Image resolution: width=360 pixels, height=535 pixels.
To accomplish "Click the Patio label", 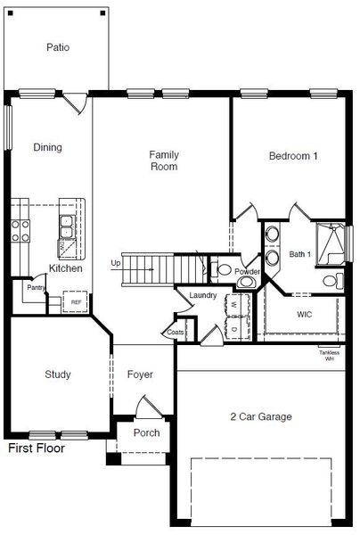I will pyautogui.click(x=57, y=47).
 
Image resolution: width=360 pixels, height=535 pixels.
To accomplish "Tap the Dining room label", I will pyautogui.click(x=47, y=147).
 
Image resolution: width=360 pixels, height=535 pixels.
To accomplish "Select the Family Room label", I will pyautogui.click(x=163, y=160).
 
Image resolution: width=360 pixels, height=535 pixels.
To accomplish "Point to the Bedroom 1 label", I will pyautogui.click(x=293, y=156).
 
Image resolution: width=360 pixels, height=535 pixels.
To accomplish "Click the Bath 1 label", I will pyautogui.click(x=300, y=254).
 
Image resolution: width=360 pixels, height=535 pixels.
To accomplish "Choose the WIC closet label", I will pyautogui.click(x=304, y=315).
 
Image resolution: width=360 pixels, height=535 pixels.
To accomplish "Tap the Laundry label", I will pyautogui.click(x=204, y=293).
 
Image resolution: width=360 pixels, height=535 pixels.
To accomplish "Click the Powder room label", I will pyautogui.click(x=248, y=271).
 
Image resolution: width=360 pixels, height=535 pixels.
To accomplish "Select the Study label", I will pyautogui.click(x=57, y=374).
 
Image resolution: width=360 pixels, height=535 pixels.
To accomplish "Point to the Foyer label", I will pyautogui.click(x=140, y=374).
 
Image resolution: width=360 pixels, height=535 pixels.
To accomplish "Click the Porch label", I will pyautogui.click(x=146, y=433).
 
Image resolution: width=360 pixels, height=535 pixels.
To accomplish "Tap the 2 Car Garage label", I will pyautogui.click(x=260, y=416).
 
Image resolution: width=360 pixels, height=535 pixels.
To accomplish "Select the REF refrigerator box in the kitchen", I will pyautogui.click(x=76, y=303).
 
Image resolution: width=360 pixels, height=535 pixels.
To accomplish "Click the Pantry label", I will pyautogui.click(x=35, y=287).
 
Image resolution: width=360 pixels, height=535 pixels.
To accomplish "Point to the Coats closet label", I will pyautogui.click(x=175, y=333).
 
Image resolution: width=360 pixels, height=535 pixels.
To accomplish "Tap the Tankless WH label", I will pyautogui.click(x=329, y=355).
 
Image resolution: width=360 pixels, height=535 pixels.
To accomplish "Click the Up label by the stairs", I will pyautogui.click(x=116, y=263).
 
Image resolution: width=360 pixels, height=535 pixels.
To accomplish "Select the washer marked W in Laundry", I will pyautogui.click(x=233, y=305).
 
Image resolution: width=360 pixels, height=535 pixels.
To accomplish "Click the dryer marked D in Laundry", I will pyautogui.click(x=233, y=330).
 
